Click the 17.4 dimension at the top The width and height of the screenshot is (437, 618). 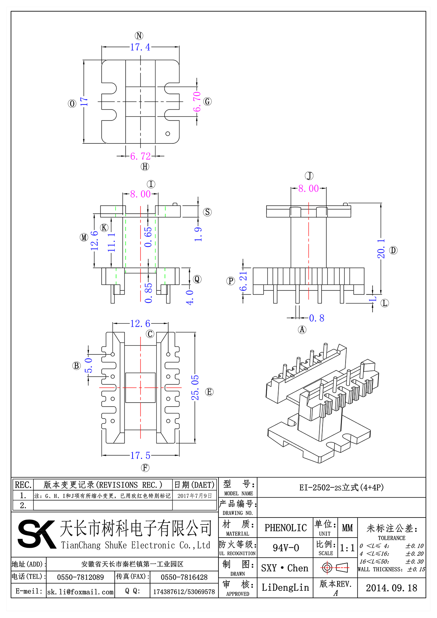[140, 47]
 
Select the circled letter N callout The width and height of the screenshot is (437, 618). [139, 36]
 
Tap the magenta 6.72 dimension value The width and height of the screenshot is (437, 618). [140, 156]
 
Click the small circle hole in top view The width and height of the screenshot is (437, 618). [168, 134]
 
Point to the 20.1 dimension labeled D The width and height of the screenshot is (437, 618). [381, 249]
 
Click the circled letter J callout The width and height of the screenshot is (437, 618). [309, 176]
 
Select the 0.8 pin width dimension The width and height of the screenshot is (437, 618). [316, 318]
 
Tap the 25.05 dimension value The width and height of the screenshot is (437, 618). [195, 388]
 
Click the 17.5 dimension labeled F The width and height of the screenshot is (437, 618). [140, 456]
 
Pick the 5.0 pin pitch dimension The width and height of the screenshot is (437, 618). [88, 365]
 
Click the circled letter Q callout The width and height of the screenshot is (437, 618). [197, 279]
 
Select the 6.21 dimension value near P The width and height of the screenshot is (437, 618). [243, 281]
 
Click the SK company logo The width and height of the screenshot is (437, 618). [36, 534]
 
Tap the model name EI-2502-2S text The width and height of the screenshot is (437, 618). [341, 487]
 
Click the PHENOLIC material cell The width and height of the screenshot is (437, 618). [286, 528]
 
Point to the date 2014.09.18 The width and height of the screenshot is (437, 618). [391, 588]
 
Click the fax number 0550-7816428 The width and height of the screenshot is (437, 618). [184, 577]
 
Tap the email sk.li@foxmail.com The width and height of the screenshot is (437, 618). [80, 592]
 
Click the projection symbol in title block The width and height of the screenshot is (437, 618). [335, 567]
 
